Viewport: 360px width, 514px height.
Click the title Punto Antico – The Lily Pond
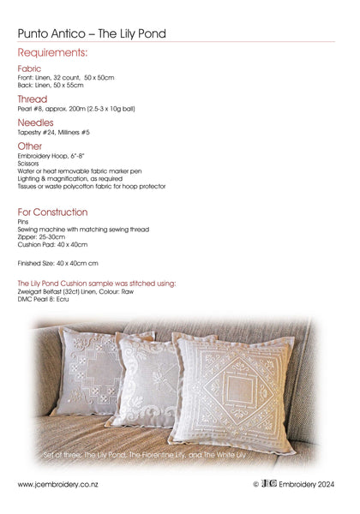92,33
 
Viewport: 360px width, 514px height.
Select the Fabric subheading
29,69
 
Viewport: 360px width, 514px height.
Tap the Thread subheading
33,99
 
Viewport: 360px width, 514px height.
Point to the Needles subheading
35,123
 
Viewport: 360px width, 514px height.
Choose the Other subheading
30,146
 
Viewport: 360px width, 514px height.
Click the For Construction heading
52,212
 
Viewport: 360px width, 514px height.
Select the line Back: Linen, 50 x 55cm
51,86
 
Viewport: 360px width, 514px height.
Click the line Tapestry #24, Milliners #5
53,133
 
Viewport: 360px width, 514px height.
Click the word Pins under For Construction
23,221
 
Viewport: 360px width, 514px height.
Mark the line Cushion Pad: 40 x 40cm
52,244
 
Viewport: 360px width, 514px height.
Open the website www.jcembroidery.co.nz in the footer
58,485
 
